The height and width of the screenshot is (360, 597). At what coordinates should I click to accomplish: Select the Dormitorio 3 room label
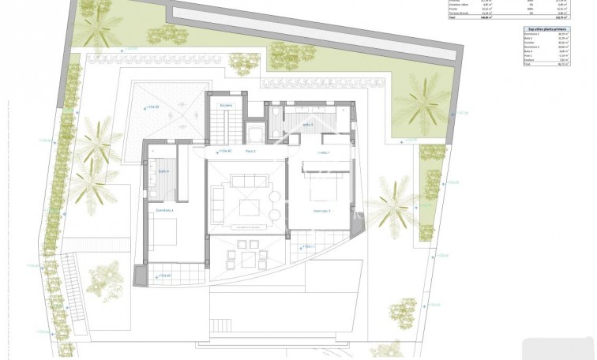[x=321, y=211]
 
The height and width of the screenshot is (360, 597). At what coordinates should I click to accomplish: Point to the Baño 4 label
[x=163, y=171]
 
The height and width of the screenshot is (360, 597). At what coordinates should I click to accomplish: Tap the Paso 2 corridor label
[x=250, y=152]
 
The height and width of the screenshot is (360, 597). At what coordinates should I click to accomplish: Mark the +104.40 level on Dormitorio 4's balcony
[x=163, y=276]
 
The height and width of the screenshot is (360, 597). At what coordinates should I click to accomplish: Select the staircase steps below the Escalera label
[x=226, y=126]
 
